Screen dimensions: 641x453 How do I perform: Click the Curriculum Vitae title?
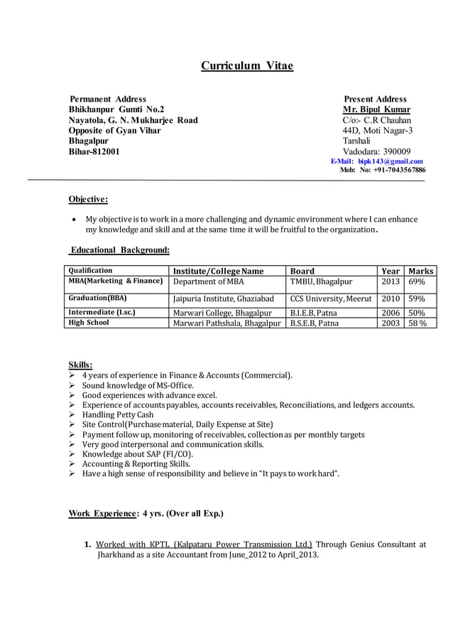[246, 66]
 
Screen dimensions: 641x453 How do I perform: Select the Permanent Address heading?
[108, 99]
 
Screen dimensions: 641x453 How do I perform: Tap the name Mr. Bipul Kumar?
[376, 109]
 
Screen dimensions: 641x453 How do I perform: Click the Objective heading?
[87, 199]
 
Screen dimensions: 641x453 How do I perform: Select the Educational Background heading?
[119, 250]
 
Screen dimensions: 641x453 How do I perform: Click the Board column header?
[302, 271]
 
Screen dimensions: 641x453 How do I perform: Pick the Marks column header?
[420, 271]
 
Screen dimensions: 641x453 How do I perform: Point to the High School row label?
[88, 323]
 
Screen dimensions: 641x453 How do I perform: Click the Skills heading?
[80, 365]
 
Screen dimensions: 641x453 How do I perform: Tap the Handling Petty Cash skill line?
[117, 414]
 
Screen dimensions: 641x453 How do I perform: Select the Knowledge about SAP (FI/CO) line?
[137, 453]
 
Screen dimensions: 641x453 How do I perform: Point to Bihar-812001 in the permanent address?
[94, 151]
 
